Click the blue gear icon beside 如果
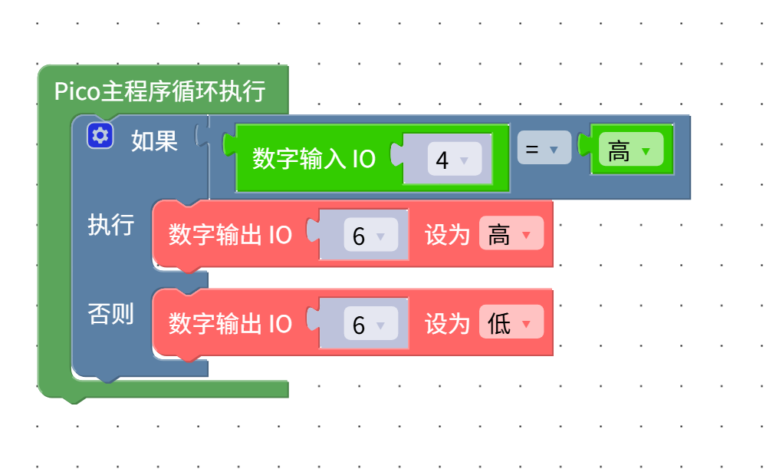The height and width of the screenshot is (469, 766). [100, 136]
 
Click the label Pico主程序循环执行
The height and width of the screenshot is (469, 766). [159, 91]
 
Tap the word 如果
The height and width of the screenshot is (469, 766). [154, 140]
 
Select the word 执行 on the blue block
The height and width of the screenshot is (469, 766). [111, 225]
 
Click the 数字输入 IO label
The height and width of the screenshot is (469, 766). [314, 159]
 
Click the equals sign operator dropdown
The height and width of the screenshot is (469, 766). [544, 148]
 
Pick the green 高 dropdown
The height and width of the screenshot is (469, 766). [630, 150]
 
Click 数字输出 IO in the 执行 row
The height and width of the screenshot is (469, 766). [230, 235]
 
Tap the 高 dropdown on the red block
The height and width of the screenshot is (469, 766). [511, 234]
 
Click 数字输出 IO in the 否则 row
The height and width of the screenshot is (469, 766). [230, 323]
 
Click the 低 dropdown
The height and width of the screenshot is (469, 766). [511, 323]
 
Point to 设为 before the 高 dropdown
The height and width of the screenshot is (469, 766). [447, 235]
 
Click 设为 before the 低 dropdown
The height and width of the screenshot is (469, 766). [447, 323]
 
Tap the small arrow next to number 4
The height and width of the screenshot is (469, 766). [464, 160]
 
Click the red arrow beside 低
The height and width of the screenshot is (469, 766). [526, 324]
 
